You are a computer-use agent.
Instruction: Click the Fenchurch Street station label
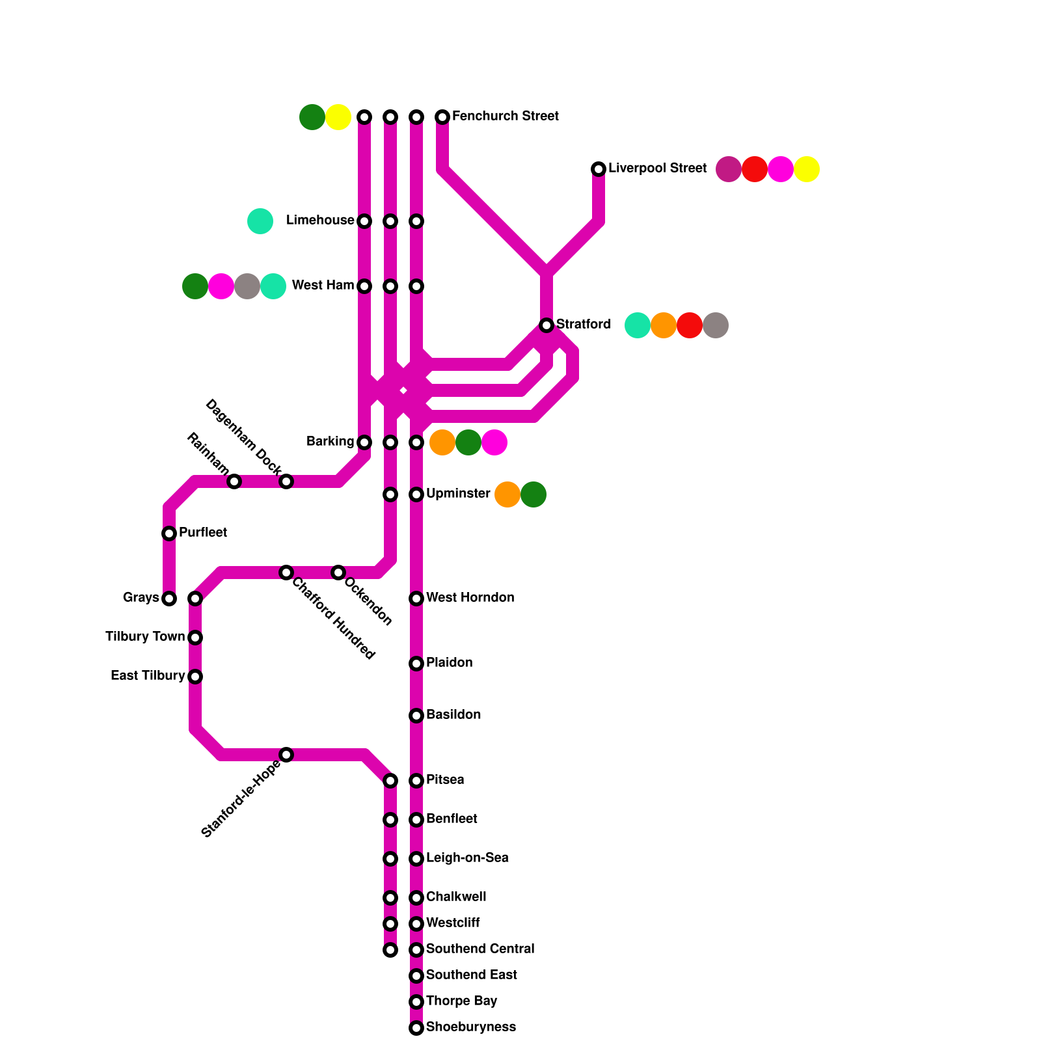coord(505,116)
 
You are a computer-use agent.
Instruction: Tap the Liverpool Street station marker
coord(599,169)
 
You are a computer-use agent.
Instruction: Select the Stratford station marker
coord(547,325)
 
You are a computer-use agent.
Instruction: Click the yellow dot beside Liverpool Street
coord(807,169)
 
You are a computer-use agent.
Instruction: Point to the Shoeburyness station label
coord(470,1027)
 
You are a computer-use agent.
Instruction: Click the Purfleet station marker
coord(169,534)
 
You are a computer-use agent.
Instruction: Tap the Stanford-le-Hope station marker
coord(286,755)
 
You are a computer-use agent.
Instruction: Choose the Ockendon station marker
coord(338,573)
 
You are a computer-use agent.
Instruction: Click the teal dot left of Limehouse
coord(260,221)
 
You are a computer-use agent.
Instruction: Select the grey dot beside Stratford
coord(716,325)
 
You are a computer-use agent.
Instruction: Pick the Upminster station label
coord(457,494)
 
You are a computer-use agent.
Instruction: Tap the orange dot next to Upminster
coord(507,494)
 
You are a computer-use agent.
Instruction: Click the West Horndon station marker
coord(416,599)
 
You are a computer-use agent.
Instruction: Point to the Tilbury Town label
coord(144,637)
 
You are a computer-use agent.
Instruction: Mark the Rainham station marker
coord(234,481)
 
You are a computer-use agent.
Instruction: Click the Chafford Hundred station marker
coord(286,573)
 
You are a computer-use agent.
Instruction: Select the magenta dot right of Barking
coord(494,442)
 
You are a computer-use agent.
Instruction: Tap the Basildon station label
coord(453,715)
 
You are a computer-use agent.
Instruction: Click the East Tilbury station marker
coord(195,677)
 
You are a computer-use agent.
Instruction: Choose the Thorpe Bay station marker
coord(416,1002)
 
